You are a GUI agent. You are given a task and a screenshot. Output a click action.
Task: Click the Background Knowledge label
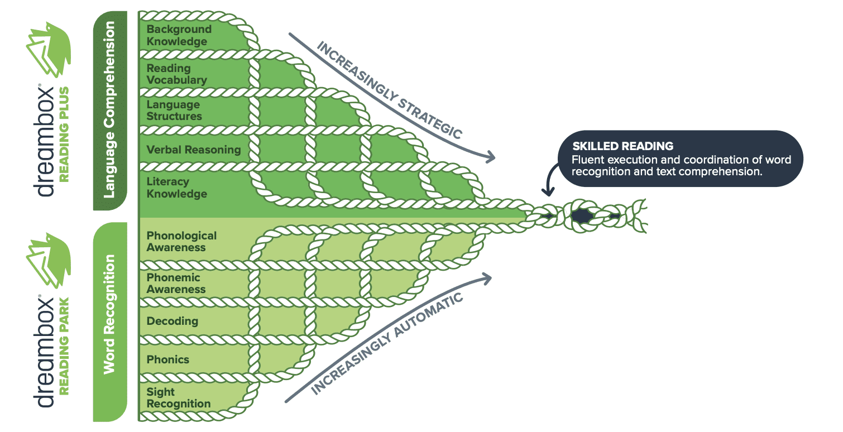[179, 35]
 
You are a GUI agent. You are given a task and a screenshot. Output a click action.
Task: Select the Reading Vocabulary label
[176, 74]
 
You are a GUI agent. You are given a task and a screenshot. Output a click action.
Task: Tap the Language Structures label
[174, 111]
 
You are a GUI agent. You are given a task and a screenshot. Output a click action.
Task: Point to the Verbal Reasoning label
[193, 150]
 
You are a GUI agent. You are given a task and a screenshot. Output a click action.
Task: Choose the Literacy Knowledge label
[176, 188]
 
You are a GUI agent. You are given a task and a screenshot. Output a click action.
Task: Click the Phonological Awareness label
[181, 242]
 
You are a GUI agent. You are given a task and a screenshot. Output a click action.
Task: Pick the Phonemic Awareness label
[176, 284]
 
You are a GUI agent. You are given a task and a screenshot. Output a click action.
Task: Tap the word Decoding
[172, 321]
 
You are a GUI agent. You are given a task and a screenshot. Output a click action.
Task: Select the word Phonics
[167, 359]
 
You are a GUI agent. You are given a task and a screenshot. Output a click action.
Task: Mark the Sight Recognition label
[179, 398]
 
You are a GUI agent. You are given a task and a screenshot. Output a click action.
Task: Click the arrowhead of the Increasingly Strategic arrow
[491, 158]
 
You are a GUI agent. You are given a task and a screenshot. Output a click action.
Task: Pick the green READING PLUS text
[64, 134]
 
